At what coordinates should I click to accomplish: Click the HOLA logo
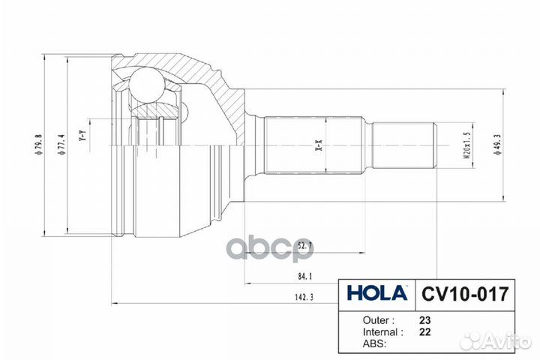click(x=377, y=293)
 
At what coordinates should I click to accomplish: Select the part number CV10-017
click(x=465, y=294)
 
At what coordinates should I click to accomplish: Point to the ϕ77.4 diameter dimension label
click(x=62, y=145)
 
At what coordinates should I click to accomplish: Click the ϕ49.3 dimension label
click(x=497, y=145)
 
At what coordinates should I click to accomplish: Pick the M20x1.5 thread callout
click(x=467, y=145)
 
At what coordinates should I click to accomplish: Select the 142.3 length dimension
click(x=304, y=297)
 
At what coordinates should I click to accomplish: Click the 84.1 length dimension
click(x=304, y=276)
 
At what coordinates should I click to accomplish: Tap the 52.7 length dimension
click(x=304, y=246)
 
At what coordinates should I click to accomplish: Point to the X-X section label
click(x=319, y=145)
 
